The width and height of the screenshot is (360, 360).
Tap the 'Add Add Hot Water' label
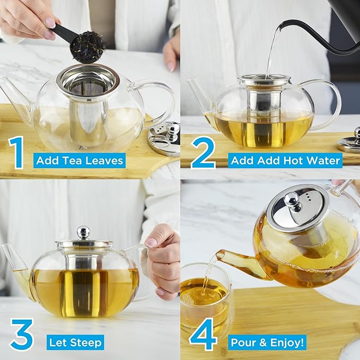coord(285,160)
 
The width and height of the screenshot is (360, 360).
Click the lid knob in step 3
coord(83,232)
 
